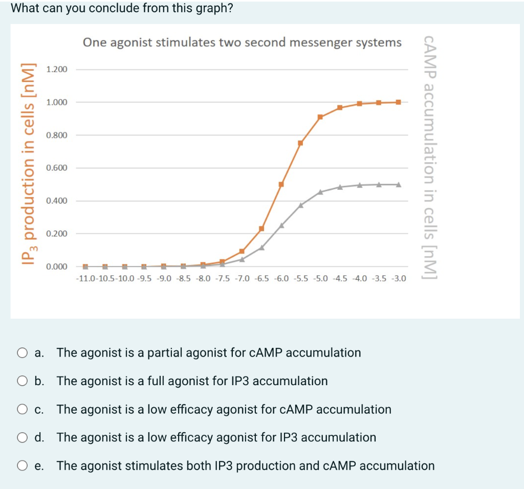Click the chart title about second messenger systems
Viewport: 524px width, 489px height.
coord(242,42)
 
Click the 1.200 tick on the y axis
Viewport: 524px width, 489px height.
coord(56,69)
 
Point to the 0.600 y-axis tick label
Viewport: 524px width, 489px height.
coord(56,168)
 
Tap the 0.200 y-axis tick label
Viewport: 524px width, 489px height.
coord(56,234)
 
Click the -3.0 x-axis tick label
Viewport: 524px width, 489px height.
coord(399,279)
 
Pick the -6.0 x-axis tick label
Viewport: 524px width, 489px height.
coord(281,279)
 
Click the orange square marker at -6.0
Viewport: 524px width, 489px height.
coord(281,184)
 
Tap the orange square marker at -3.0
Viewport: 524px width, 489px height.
coord(399,102)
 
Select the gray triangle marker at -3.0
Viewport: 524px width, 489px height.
coord(399,184)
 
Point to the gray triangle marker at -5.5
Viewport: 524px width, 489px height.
coord(300,205)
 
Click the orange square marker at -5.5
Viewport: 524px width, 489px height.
coord(300,143)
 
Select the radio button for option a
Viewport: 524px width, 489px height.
coord(22,353)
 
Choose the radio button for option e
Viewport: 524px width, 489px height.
coord(22,466)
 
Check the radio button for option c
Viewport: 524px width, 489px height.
coord(22,410)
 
